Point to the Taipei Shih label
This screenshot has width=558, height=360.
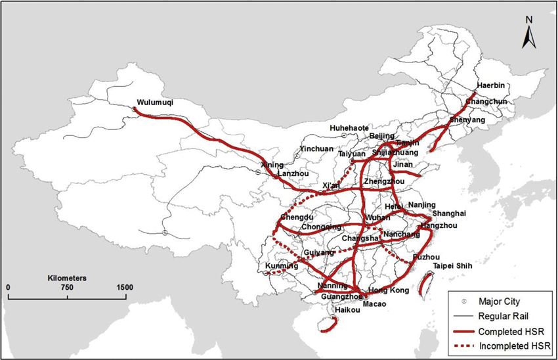click(454, 266)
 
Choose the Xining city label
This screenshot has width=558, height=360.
click(272, 165)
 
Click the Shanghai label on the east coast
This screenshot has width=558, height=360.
click(448, 214)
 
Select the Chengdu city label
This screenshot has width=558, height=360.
click(295, 217)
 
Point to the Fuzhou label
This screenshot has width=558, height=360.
click(426, 257)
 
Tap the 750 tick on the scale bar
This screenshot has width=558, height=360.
click(67, 288)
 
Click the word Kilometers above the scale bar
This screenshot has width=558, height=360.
click(67, 278)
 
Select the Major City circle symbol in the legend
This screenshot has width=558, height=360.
click(463, 302)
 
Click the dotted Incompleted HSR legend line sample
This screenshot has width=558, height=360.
click(463, 345)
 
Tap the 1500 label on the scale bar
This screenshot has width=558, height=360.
click(125, 288)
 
